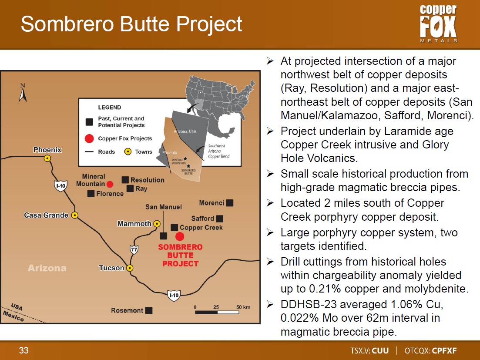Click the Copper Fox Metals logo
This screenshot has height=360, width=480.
[438, 24]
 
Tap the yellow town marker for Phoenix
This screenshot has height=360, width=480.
[47, 158]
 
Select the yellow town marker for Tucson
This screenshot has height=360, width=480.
[130, 268]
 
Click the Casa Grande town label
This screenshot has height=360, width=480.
[46, 215]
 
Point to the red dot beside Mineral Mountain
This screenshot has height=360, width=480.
[110, 184]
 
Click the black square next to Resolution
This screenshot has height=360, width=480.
[125, 180]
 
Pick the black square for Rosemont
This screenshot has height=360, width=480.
[149, 310]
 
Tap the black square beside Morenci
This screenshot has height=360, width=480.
[230, 203]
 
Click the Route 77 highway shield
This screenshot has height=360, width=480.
[134, 249]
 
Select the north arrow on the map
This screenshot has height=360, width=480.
[23, 93]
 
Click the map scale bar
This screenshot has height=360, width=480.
[217, 312]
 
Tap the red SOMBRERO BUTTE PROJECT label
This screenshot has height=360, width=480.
[180, 255]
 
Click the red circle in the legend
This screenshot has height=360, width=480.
[89, 138]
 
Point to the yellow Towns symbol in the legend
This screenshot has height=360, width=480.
[128, 151]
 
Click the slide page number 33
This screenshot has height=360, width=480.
[24, 350]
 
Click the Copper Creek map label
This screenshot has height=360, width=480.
[201, 228]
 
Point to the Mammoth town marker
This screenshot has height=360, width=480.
[157, 224]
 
